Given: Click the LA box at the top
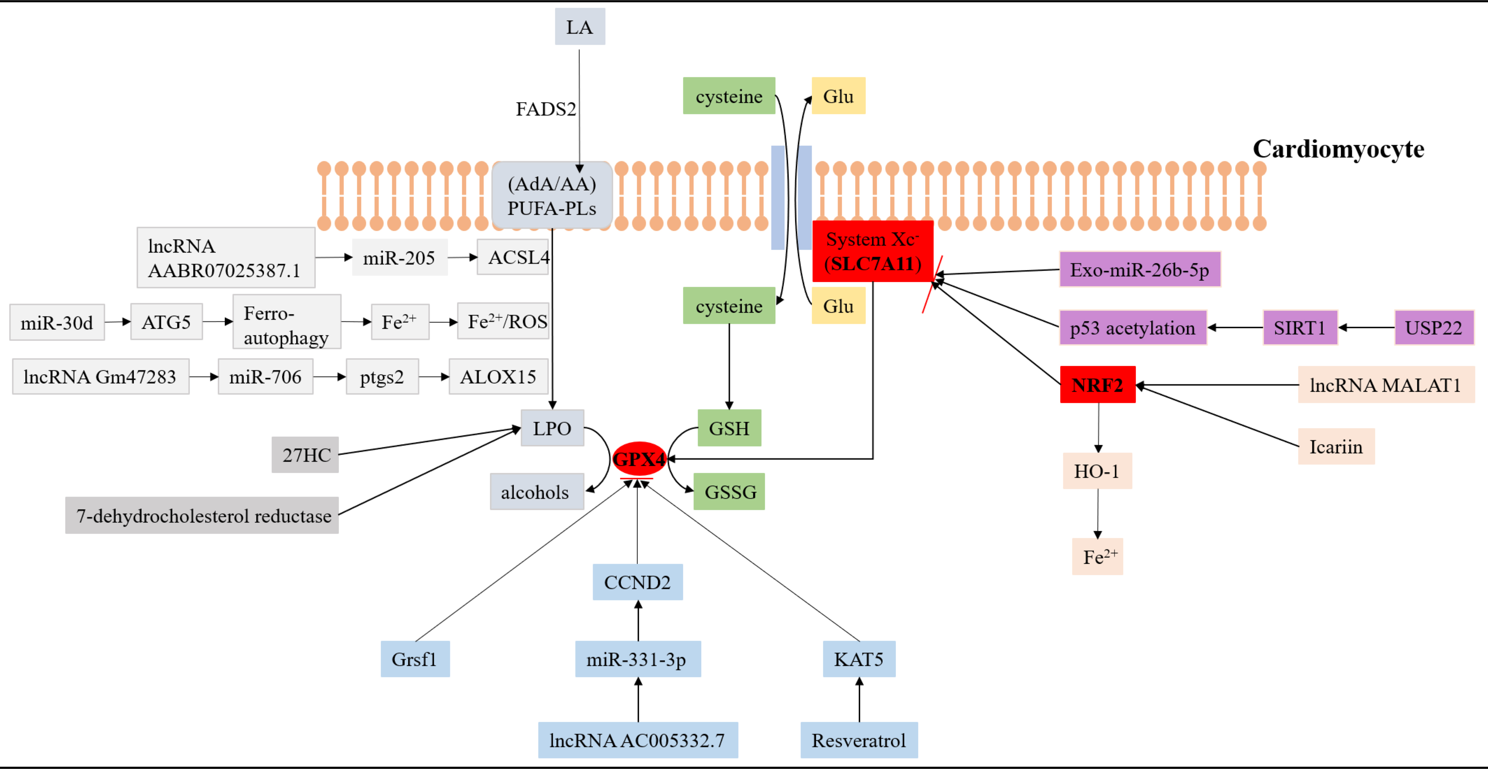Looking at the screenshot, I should coord(579,27).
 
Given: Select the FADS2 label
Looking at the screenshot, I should coord(545,109).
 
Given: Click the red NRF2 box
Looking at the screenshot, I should coord(1097,385).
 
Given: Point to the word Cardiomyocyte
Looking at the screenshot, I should coord(1338,149).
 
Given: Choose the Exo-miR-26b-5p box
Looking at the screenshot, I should coord(1139,270).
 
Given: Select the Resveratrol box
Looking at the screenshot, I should coord(858,740).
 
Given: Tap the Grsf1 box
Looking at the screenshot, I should coord(414,659).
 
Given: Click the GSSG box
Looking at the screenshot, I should coord(729,492).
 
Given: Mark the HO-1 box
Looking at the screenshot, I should coord(1096,471).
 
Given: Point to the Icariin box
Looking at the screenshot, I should coord(1335,446).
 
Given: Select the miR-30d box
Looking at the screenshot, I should coord(57,322).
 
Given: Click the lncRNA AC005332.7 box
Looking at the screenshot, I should coord(637,740).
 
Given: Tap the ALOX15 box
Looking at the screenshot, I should coord(498,376).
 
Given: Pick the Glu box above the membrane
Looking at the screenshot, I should coord(838,96).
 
